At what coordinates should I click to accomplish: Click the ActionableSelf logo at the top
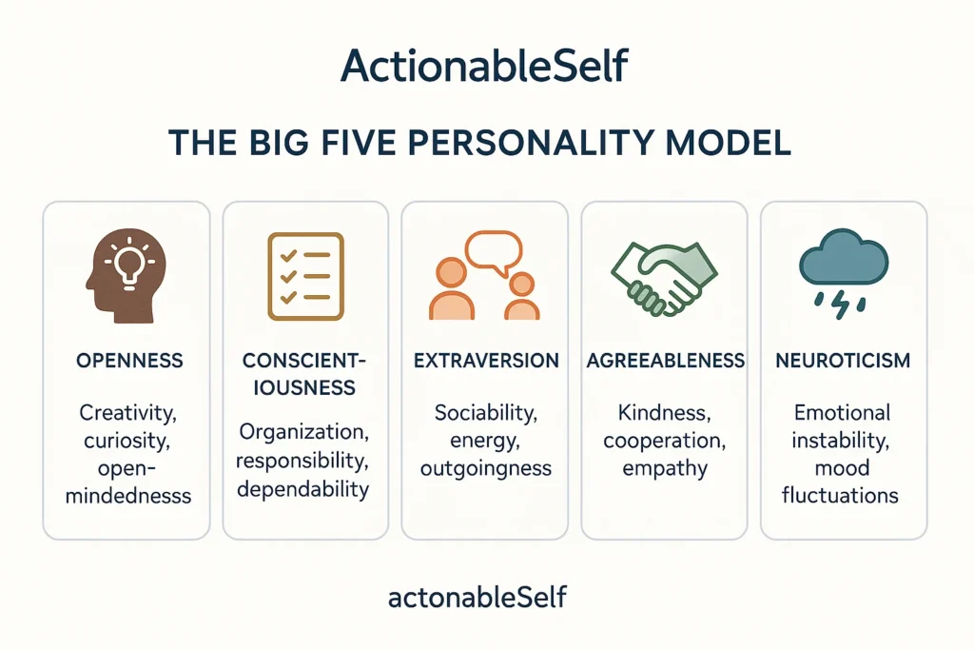(484, 66)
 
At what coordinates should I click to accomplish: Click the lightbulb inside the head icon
(129, 265)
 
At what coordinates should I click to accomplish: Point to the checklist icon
(305, 277)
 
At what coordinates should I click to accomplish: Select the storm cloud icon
(844, 273)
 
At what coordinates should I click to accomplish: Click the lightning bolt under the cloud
(841, 305)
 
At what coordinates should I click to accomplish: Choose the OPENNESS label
(129, 361)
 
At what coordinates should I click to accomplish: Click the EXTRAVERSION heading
(486, 361)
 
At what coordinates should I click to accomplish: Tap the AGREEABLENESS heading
(665, 361)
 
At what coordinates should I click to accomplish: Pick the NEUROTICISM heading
(843, 361)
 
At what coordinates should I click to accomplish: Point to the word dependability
(303, 489)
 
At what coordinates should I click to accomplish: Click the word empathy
(665, 468)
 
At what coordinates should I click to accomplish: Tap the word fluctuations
(840, 495)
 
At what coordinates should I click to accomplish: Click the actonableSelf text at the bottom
(477, 597)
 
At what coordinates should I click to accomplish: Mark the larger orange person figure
(452, 289)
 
